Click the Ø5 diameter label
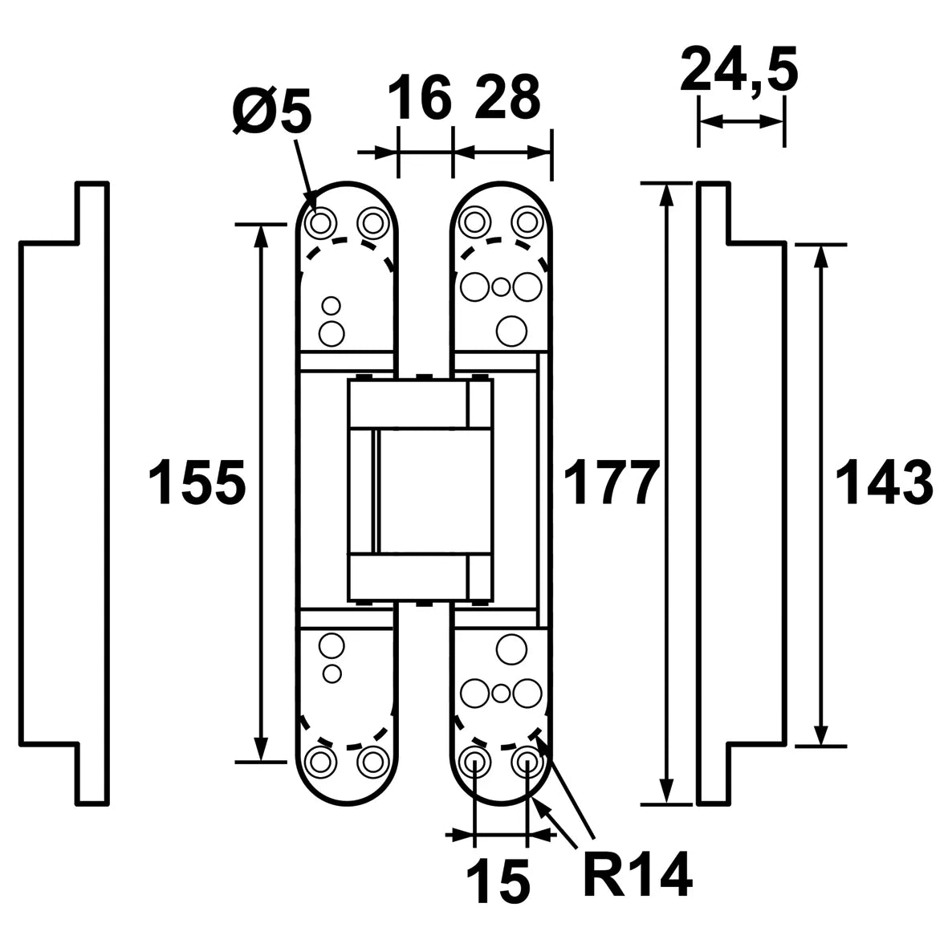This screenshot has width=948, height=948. coord(271,111)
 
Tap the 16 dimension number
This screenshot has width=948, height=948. coord(419,97)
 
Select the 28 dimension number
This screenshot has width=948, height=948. coord(507,97)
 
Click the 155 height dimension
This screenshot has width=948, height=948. coord(197,482)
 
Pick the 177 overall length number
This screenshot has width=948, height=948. coord(611,482)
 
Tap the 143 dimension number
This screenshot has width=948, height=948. coord(883,482)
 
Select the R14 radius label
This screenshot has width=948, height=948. coord(638,875)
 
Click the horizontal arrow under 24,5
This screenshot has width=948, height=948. coord(741,121)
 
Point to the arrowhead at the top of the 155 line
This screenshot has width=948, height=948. coord(261,236)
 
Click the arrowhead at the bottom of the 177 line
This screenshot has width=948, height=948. coord(666,792)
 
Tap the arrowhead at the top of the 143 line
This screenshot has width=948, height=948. coord(820,256)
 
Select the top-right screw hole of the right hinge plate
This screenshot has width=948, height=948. coord(527,222)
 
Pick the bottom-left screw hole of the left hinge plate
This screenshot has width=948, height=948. coord(320,762)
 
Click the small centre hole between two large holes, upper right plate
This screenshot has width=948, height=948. coord(501,287)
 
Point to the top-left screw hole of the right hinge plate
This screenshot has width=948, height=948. coord(475,222)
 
